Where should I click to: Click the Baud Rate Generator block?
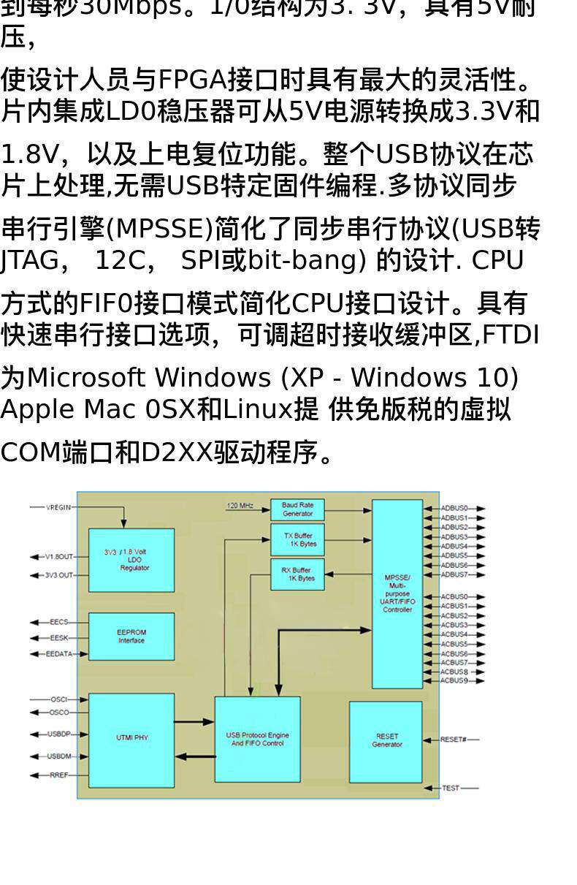(297, 509)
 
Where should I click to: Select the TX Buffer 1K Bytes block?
(297, 540)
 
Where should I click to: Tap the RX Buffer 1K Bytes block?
(297, 574)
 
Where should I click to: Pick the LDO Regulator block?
(131, 560)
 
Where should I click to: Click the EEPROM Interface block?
(131, 637)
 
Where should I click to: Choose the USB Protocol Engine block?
(257, 740)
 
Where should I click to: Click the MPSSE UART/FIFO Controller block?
(397, 593)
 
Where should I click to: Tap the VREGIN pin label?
(59, 508)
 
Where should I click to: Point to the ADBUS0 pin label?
(454, 508)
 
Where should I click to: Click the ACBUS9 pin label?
(454, 681)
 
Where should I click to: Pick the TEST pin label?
(451, 789)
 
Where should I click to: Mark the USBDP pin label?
(59, 734)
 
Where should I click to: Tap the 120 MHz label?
(240, 506)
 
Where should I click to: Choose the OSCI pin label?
(59, 699)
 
